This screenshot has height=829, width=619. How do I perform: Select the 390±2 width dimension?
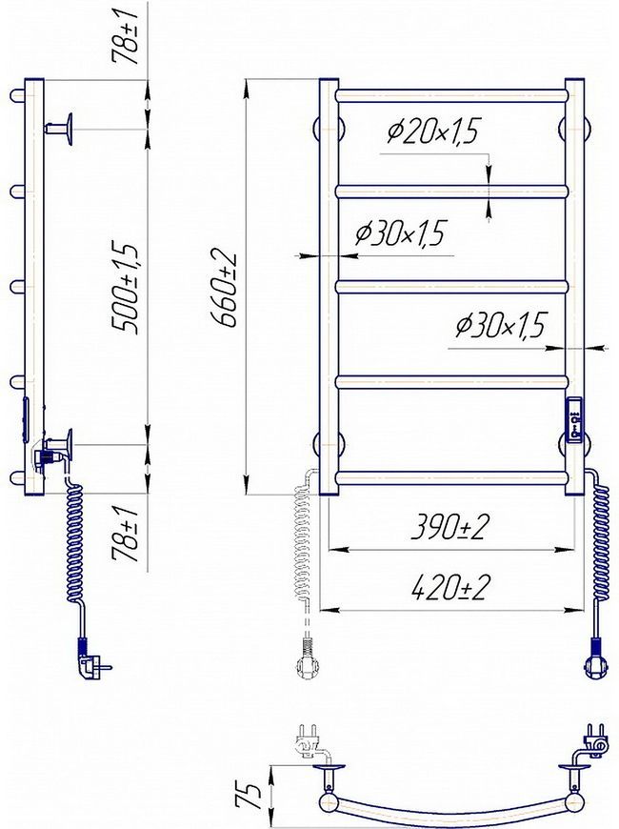pyautogui.click(x=449, y=527)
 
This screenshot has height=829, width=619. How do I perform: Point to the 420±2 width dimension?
pyautogui.click(x=449, y=587)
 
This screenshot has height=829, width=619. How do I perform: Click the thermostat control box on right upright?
pyautogui.click(x=575, y=419)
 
